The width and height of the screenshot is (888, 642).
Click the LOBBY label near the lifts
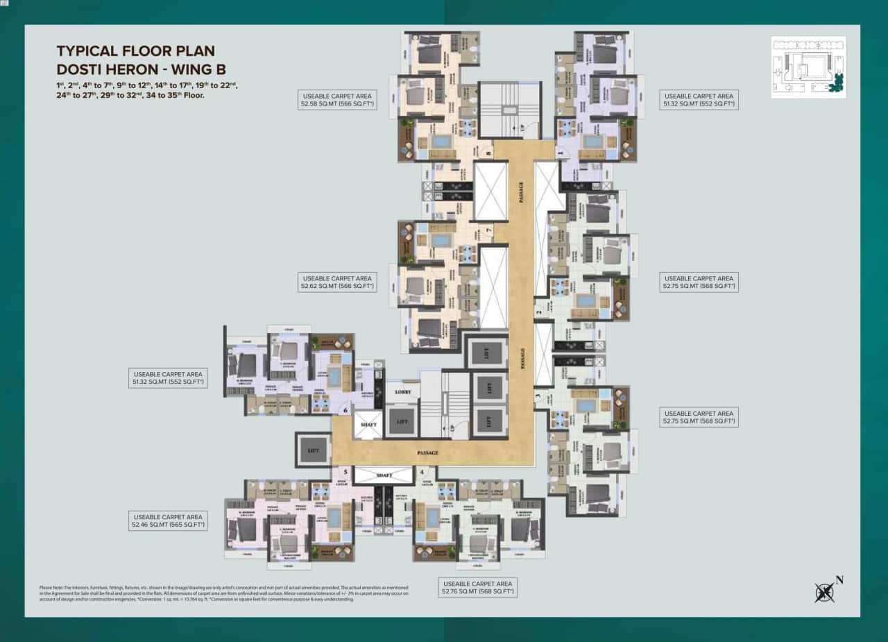point(403,392)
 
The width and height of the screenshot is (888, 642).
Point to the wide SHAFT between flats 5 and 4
point(384,475)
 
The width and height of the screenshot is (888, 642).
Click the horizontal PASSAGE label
point(428,453)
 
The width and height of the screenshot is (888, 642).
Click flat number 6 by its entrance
point(345,410)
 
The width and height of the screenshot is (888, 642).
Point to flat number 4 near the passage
point(422,471)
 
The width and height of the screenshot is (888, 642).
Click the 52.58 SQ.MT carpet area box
point(337,101)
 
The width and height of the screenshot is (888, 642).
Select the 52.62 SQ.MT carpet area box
point(338,281)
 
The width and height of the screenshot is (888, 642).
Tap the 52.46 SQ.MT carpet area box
point(168,521)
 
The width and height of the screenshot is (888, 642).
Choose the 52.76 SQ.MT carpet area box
point(479,587)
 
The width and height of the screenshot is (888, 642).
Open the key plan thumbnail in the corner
point(808,67)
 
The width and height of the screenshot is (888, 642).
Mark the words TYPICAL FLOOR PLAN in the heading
point(135,51)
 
